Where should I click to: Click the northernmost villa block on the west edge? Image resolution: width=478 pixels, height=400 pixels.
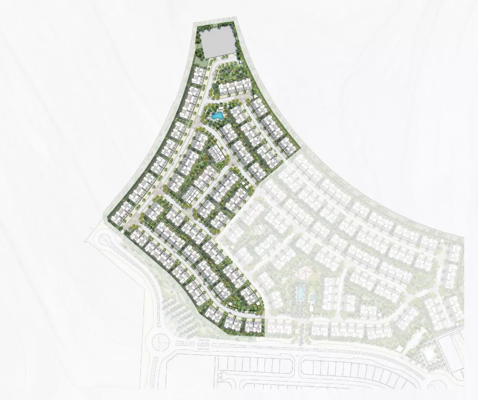pyautogui.click(x=199, y=76)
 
